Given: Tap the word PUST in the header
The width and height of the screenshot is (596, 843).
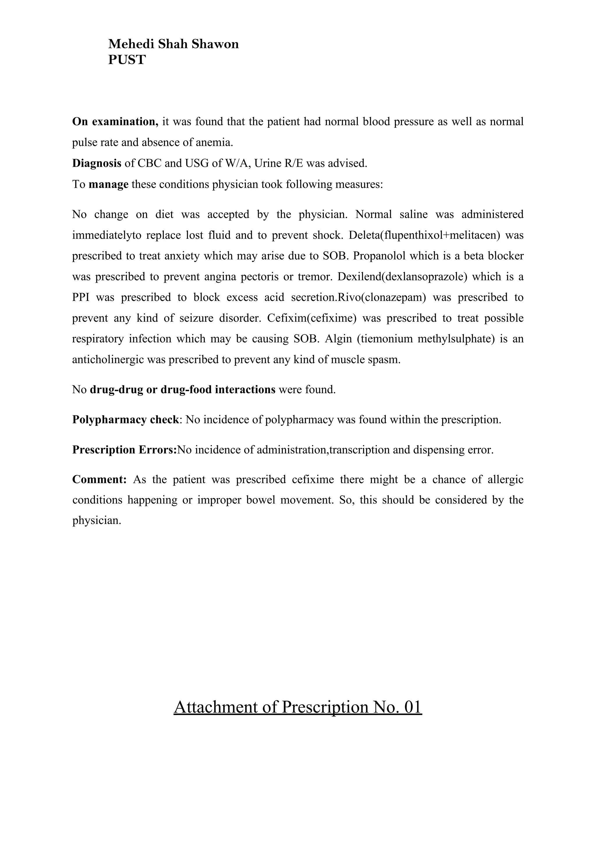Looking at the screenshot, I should tap(127, 60).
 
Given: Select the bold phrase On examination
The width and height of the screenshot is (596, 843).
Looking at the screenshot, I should tap(115, 121).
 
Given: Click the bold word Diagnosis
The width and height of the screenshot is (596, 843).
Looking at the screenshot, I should tap(97, 163).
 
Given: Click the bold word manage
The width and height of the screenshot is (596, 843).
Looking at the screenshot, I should tap(108, 184).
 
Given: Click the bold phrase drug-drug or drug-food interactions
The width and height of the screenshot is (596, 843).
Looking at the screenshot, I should tap(182, 389).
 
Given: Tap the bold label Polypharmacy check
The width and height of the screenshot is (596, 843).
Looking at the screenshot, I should tap(125, 419).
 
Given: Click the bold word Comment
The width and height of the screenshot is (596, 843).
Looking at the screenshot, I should tap(99, 479).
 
